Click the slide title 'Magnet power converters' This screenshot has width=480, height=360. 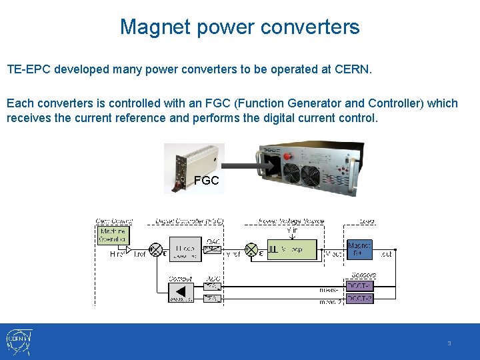tap(240, 27)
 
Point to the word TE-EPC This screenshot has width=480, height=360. tap(29, 69)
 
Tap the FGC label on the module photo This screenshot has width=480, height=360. tap(206, 180)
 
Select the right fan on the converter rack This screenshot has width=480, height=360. tap(311, 175)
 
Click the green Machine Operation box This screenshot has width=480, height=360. tap(113, 235)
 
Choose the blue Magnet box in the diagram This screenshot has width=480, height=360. tap(359, 249)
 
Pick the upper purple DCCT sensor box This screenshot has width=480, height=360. tap(360, 286)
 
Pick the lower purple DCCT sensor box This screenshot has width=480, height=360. tap(360, 299)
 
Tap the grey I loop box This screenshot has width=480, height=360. tap(185, 250)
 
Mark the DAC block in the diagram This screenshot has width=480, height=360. tap(211, 248)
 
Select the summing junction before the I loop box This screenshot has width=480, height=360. tap(156, 250)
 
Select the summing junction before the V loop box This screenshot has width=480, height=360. tap(252, 249)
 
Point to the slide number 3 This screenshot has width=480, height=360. tap(449, 343)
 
